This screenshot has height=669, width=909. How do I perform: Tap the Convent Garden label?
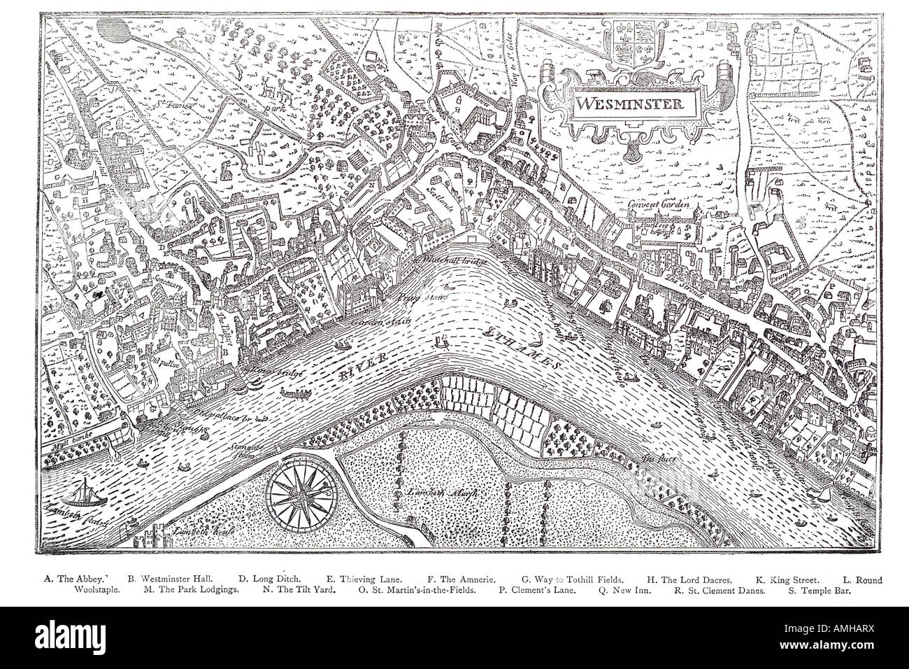click(x=658, y=205)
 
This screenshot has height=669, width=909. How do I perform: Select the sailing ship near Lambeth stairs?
click(x=84, y=493)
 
